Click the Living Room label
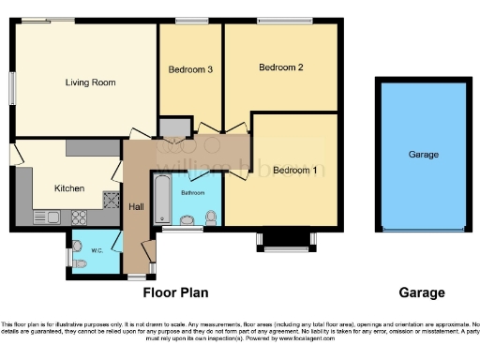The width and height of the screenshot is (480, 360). (90, 82)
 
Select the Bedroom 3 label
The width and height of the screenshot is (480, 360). (190, 69)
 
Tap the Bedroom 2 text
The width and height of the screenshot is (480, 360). (281, 67)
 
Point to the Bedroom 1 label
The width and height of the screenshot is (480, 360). (293, 170)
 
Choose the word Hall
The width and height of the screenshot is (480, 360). (136, 207)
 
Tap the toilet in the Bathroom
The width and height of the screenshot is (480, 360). (211, 217)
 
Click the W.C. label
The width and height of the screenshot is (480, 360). (97, 250)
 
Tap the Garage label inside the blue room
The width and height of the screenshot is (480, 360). (423, 155)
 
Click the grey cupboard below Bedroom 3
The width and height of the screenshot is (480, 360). (172, 127)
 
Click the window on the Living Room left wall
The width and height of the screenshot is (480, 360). (12, 89)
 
